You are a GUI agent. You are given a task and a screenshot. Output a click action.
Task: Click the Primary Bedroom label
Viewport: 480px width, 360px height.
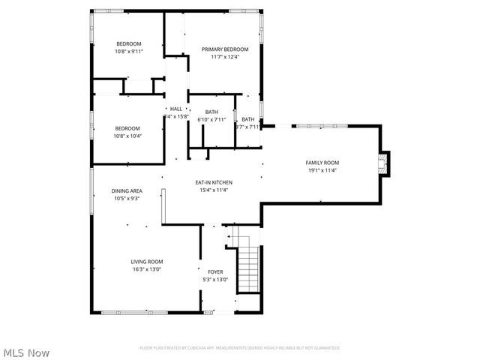pos(224,49)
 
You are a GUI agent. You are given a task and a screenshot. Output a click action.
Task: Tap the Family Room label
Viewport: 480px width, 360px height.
pos(322,163)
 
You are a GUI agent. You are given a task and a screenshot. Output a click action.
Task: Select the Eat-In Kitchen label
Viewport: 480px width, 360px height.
pos(214,182)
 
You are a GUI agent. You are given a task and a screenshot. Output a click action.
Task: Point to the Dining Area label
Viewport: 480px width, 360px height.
pos(127,191)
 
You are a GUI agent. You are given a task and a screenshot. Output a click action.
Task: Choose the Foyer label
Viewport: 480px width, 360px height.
pos(215,272)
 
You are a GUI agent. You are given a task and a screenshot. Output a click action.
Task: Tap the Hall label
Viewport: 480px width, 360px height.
pos(176,109)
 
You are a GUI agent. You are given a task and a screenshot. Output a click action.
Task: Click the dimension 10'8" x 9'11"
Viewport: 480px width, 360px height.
pos(128,51)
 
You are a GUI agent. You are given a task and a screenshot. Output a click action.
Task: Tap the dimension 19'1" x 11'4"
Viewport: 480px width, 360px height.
pos(322,170)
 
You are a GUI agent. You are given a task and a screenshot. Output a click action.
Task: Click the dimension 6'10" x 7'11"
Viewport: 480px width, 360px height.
pos(211,119)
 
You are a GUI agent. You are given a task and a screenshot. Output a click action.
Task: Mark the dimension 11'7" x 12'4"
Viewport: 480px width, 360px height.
pos(224,57)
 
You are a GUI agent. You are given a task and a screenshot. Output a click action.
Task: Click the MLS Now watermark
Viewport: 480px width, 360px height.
pos(26,352)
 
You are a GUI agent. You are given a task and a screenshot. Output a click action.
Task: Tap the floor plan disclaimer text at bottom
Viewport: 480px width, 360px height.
pos(240,348)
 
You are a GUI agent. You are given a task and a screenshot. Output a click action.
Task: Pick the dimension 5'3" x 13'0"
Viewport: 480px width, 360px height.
pos(215,280)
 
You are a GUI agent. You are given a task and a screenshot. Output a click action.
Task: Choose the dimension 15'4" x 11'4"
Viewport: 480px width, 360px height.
pos(214,190)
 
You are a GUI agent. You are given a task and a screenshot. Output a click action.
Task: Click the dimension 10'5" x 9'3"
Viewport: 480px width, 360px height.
pos(127,199)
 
